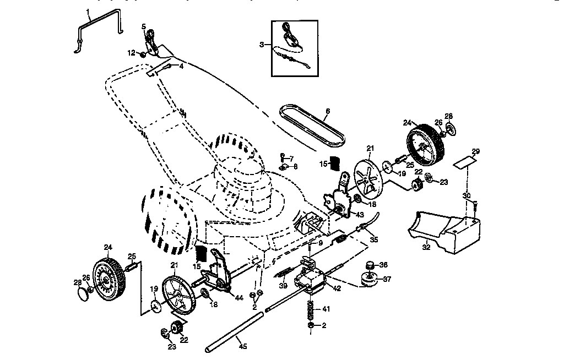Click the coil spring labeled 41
[311, 312]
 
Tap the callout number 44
[238, 298]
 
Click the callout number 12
[131, 53]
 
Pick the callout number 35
[374, 240]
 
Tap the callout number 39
[283, 286]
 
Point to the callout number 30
[466, 196]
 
